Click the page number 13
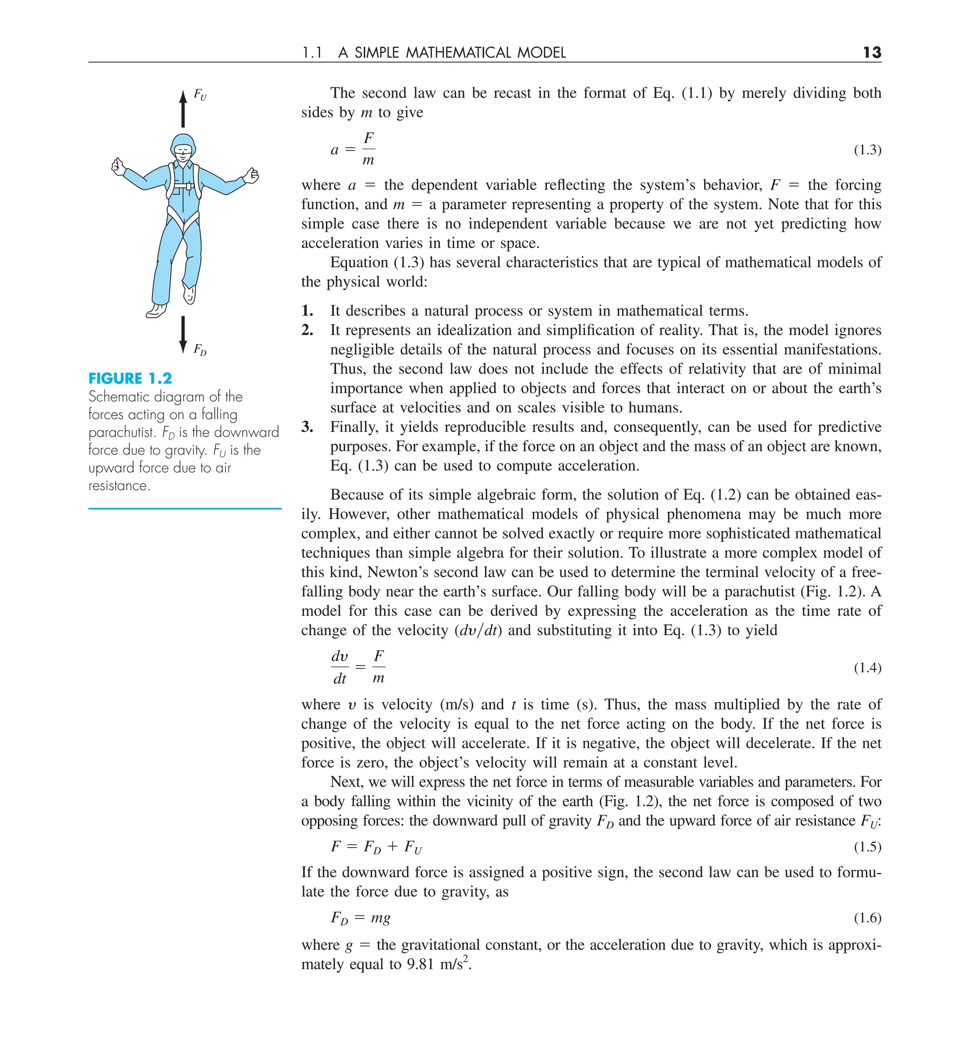pos(871,53)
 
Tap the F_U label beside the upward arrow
pos(200,95)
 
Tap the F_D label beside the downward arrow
pos(200,349)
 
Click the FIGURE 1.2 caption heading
pos(130,379)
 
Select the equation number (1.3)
pos(867,151)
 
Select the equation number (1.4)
pos(867,668)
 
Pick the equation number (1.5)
pos(867,847)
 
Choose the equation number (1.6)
pos(867,918)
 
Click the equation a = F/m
pos(352,150)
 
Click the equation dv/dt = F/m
pos(358,667)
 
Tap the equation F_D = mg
pos(360,918)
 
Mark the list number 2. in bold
pos(307,330)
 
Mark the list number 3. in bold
pos(307,427)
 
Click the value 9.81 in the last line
pos(420,964)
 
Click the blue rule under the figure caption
pos(185,508)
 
